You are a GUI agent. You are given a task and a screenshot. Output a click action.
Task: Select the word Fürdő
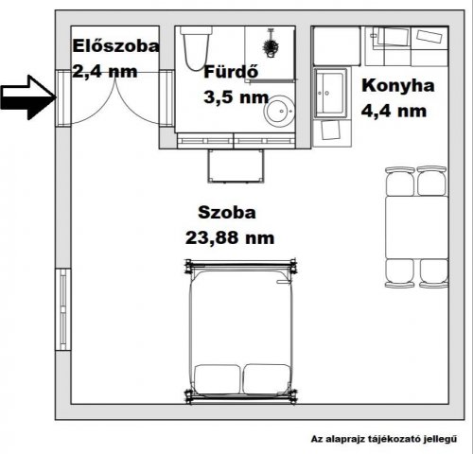(230, 71)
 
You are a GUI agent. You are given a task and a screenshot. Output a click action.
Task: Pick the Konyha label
(397, 86)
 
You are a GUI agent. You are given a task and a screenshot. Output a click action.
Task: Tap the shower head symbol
(271, 44)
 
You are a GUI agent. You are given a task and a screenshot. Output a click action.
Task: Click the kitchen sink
(333, 91)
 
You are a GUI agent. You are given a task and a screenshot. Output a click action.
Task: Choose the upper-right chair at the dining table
(432, 180)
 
